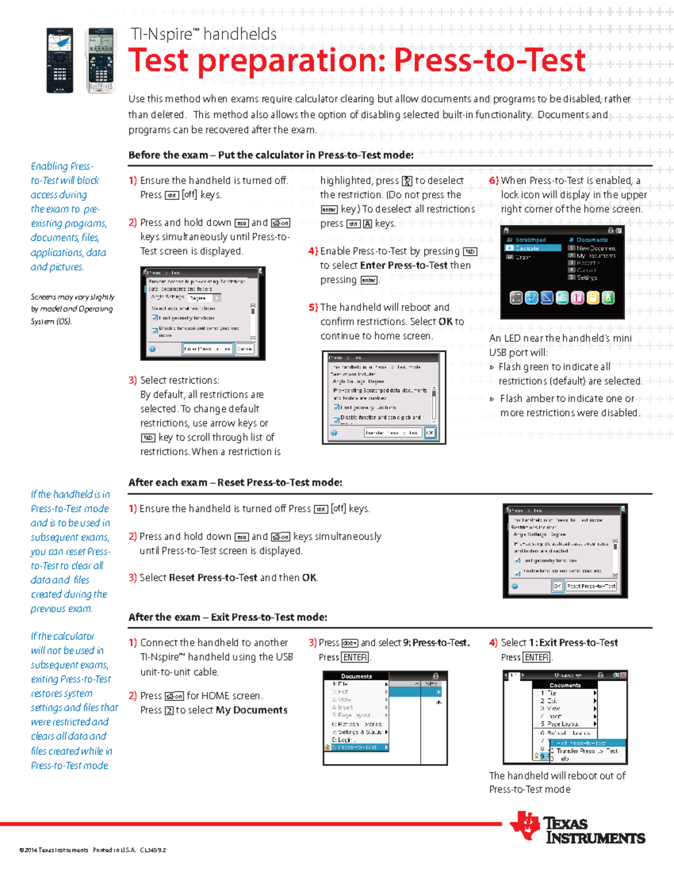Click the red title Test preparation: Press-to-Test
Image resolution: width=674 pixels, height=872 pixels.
pyautogui.click(x=357, y=61)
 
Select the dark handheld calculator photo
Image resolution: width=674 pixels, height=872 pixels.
pyautogui.click(x=60, y=61)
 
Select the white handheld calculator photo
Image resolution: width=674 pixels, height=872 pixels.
pyautogui.click(x=100, y=61)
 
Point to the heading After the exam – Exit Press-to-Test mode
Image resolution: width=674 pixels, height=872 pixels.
pyautogui.click(x=227, y=617)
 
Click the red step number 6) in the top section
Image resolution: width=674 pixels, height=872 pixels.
pyautogui.click(x=493, y=180)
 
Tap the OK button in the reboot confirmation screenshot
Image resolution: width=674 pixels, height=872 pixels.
pyautogui.click(x=430, y=432)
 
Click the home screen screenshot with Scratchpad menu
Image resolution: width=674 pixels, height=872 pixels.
pyautogui.click(x=562, y=272)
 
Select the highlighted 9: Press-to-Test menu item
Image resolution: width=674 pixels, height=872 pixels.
pyautogui.click(x=357, y=747)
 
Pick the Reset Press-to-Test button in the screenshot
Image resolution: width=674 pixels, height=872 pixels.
pyautogui.click(x=590, y=586)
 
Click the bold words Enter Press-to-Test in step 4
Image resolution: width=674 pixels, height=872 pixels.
pyautogui.click(x=403, y=265)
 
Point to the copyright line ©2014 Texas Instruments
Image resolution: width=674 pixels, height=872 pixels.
pyautogui.click(x=93, y=850)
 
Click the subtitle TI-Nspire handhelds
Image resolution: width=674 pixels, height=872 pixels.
pyautogui.click(x=203, y=34)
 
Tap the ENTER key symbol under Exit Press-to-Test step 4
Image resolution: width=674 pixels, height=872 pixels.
pyautogui.click(x=536, y=657)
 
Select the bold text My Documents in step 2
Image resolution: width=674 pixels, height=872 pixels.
pyautogui.click(x=252, y=710)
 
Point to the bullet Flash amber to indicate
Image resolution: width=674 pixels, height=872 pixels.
pyautogui.click(x=567, y=398)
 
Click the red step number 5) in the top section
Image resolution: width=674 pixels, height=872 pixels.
pyautogui.click(x=313, y=307)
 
